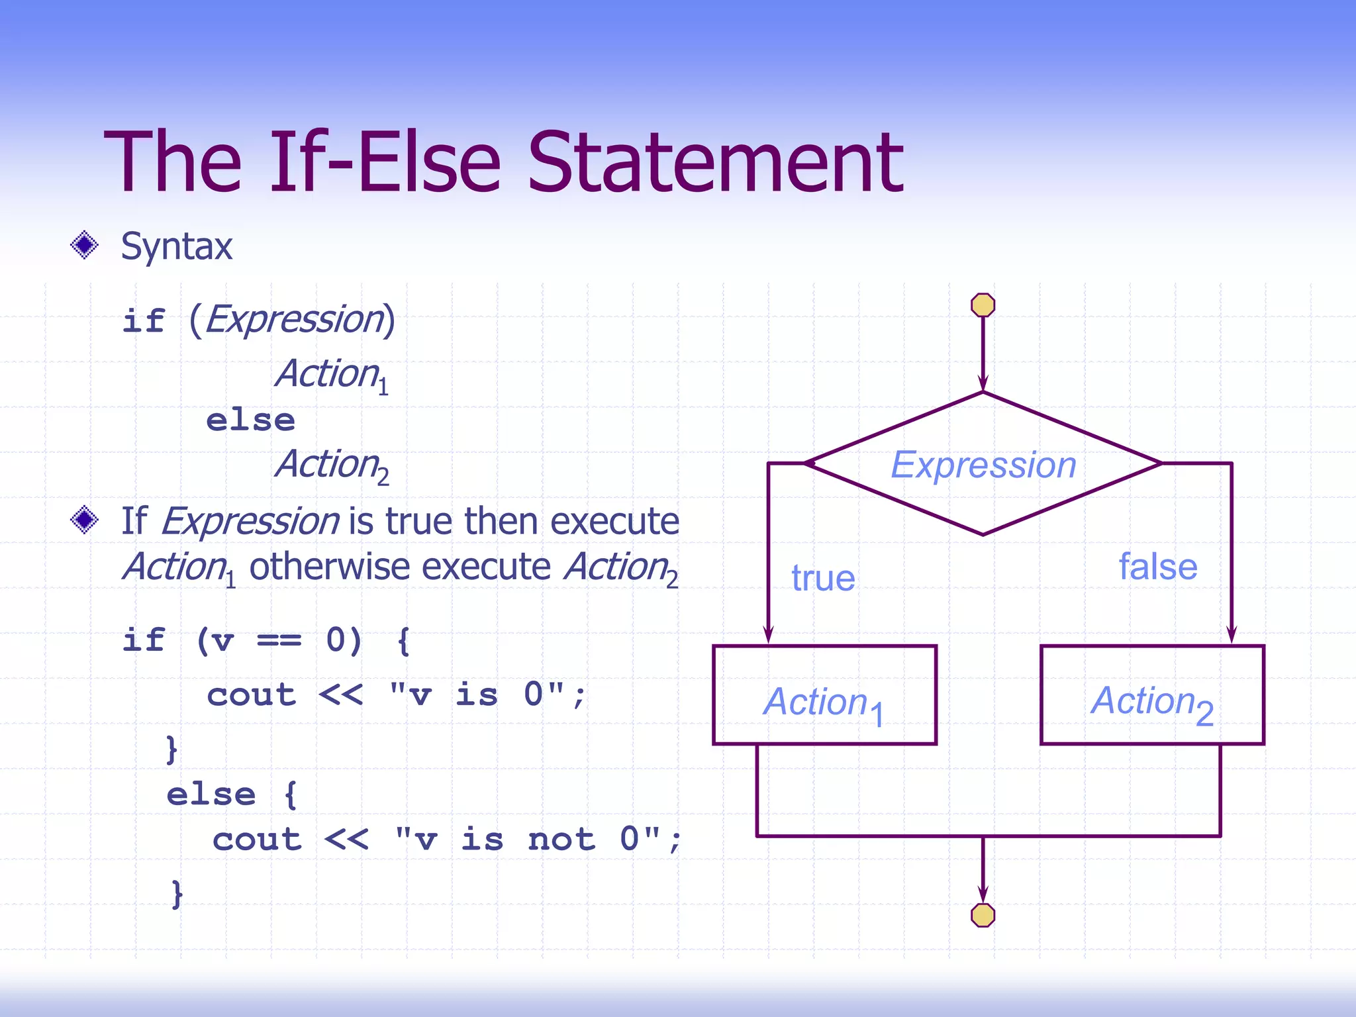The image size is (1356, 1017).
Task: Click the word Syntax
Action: pyautogui.click(x=177, y=246)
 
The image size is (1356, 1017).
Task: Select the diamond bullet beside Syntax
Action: pyautogui.click(x=84, y=246)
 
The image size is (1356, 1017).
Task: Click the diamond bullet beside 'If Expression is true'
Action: pyautogui.click(x=84, y=520)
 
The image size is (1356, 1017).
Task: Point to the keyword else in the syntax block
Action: pyautogui.click(x=250, y=420)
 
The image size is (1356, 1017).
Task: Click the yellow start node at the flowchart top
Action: pyautogui.click(x=983, y=305)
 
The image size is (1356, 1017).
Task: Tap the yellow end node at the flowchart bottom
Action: pyautogui.click(x=983, y=915)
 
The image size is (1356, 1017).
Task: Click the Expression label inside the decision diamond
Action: pyautogui.click(x=983, y=465)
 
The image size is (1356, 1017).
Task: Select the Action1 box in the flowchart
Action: pyautogui.click(x=824, y=695)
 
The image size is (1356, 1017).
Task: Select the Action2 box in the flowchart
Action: pyautogui.click(x=1152, y=695)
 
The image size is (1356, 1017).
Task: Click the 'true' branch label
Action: pyautogui.click(x=823, y=578)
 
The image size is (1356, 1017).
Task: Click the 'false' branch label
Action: pyautogui.click(x=1158, y=567)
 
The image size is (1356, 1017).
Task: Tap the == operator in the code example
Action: pyautogui.click(x=279, y=640)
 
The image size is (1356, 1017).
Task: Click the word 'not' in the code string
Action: pyautogui.click(x=561, y=840)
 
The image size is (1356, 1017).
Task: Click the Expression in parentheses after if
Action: pyautogui.click(x=295, y=319)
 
